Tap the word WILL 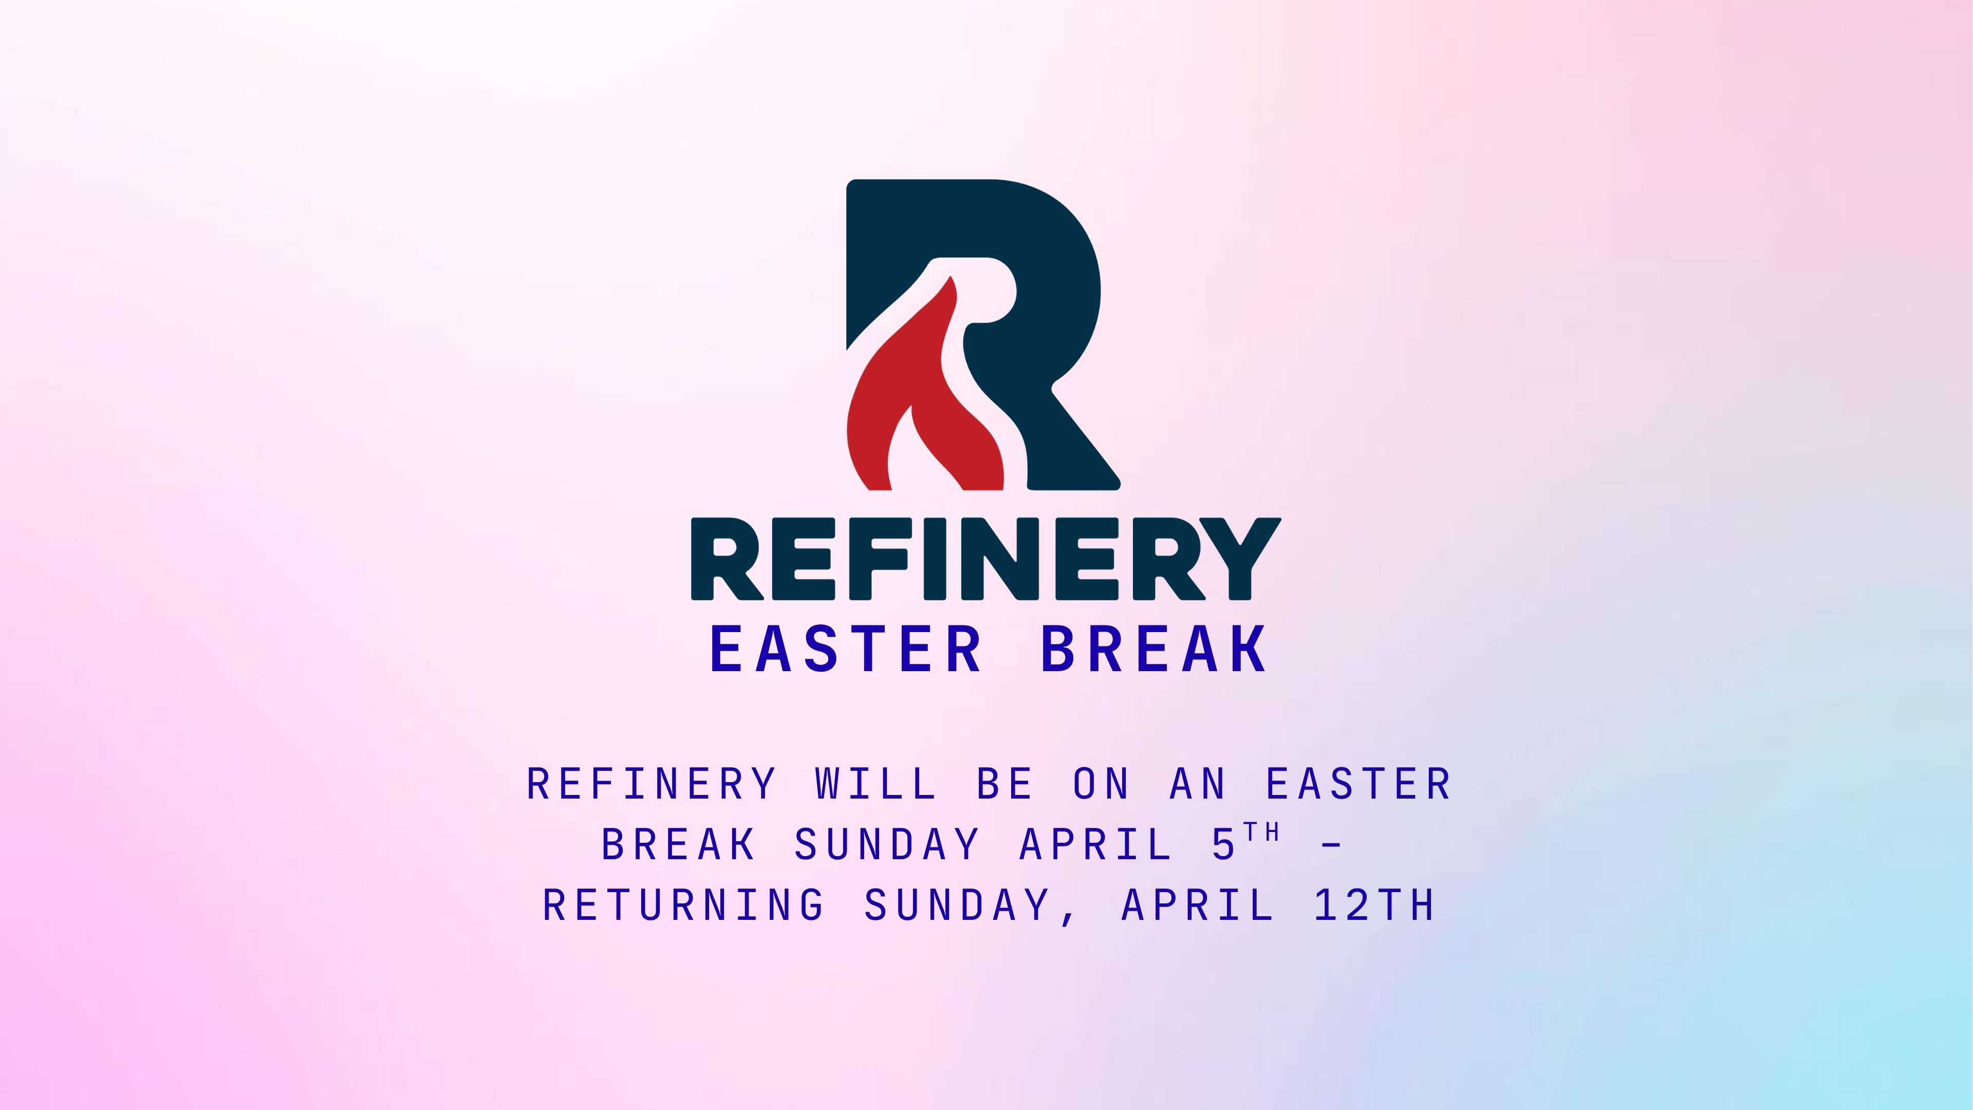point(876,784)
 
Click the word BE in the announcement point(1004,784)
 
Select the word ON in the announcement point(1101,784)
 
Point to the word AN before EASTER point(1197,784)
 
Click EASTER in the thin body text point(1358,784)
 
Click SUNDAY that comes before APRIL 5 point(887,844)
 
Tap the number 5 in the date point(1223,845)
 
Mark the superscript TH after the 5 point(1261,832)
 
